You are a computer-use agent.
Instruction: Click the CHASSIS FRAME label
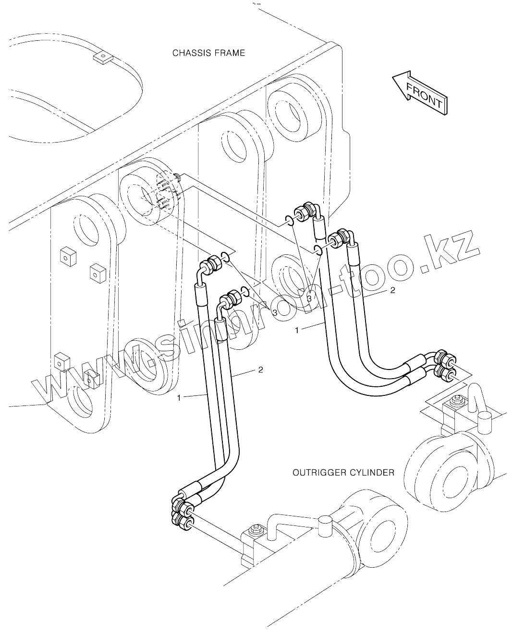click(208, 53)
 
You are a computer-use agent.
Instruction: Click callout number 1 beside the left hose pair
click(179, 397)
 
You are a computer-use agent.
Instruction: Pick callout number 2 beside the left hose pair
click(260, 370)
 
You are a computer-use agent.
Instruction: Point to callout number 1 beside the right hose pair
click(297, 330)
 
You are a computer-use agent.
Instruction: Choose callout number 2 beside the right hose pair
click(392, 290)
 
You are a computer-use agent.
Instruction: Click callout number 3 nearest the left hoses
click(275, 312)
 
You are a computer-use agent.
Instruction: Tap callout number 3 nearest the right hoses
click(309, 298)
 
